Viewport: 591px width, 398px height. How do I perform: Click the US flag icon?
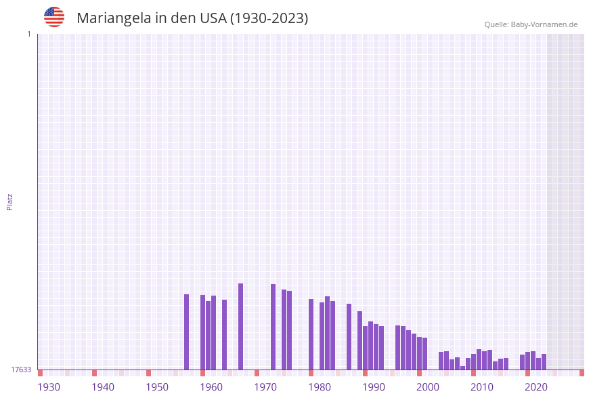(x=54, y=17)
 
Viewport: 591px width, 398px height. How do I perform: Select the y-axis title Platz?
(x=9, y=201)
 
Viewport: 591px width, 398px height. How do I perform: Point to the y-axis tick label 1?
(x=28, y=34)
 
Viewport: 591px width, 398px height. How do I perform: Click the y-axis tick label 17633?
(x=21, y=370)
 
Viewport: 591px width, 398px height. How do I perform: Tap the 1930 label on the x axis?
(x=49, y=386)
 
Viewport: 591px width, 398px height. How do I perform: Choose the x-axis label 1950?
(x=157, y=386)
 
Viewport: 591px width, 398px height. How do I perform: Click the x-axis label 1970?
(x=265, y=386)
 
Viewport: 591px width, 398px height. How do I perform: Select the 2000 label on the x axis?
(x=428, y=386)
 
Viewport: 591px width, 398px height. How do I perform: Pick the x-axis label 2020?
(x=536, y=386)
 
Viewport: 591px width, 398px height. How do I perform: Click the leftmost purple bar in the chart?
(x=186, y=332)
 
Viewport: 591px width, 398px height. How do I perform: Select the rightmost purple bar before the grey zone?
(x=544, y=362)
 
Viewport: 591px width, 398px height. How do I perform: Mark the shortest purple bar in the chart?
(x=462, y=368)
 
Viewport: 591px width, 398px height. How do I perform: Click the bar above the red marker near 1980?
(x=311, y=334)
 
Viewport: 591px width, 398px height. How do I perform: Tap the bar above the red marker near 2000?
(x=419, y=353)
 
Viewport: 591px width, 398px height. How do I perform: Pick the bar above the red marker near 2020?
(x=527, y=361)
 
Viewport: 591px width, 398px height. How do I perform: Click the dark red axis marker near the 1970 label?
(x=257, y=373)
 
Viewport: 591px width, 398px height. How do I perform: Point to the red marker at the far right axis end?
(x=582, y=373)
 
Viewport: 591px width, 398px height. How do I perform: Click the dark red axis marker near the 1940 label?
(x=94, y=373)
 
